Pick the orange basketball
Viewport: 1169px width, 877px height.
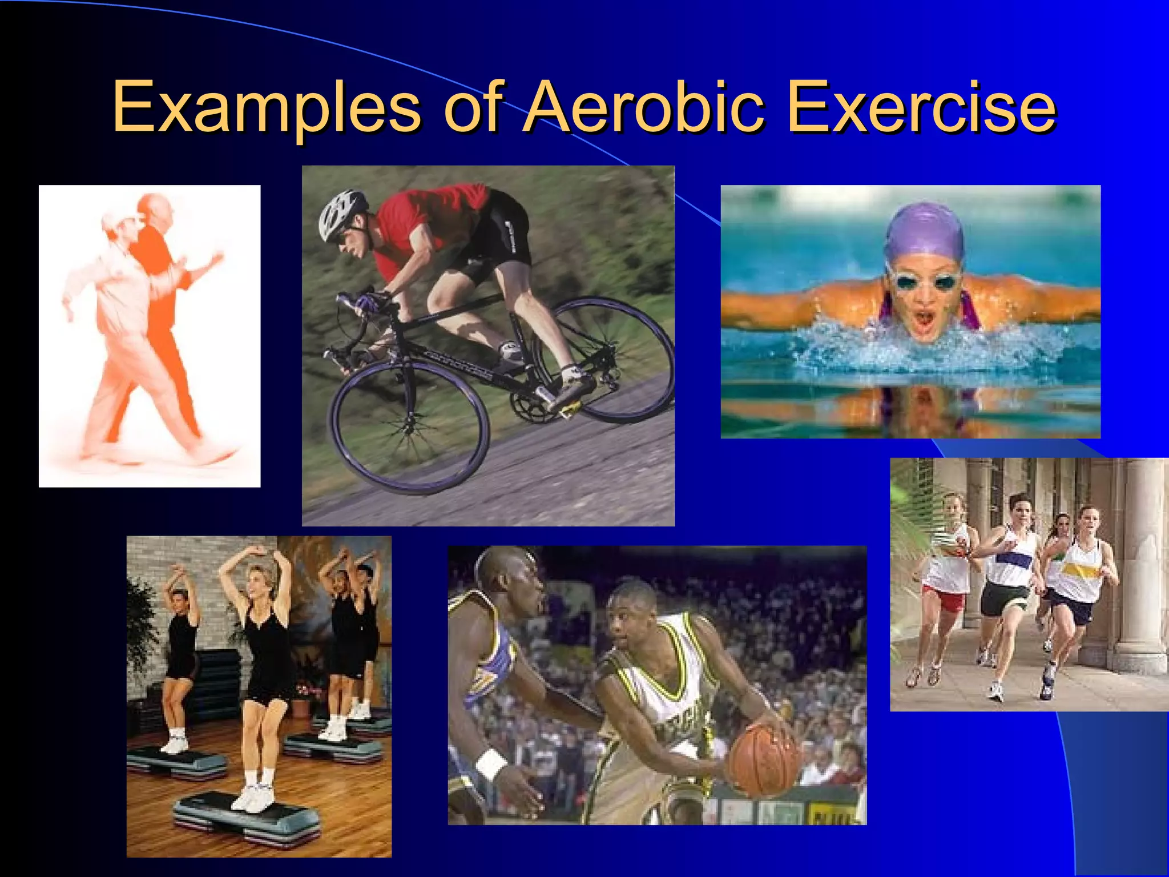765,759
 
